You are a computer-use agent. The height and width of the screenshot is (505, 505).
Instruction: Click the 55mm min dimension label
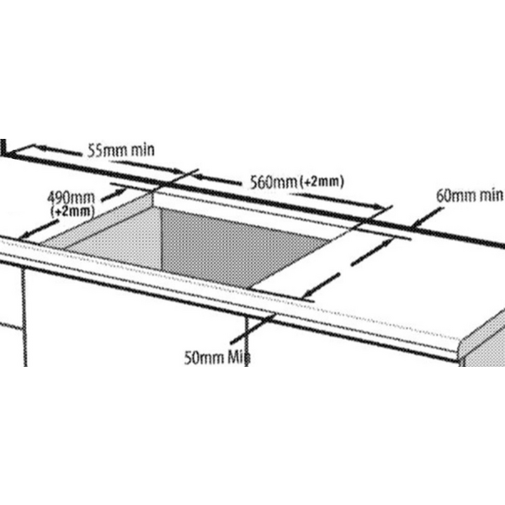click(121, 151)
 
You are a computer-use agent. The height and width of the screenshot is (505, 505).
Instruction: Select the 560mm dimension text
click(274, 183)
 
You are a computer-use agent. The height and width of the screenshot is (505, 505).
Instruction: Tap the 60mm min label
click(470, 195)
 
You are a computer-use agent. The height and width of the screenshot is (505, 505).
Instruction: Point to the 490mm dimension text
click(71, 198)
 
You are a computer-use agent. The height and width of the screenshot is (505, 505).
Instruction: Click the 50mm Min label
click(217, 358)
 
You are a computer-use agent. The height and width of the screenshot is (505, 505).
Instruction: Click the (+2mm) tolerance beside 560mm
click(322, 183)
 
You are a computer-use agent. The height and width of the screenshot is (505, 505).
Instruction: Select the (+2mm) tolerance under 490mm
click(72, 211)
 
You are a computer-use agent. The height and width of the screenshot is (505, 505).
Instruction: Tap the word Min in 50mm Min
click(239, 358)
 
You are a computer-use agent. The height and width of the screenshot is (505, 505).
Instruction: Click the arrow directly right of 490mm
click(113, 195)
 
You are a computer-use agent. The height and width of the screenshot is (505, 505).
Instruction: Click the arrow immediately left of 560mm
click(218, 179)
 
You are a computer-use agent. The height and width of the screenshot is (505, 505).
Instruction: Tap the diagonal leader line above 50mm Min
click(252, 328)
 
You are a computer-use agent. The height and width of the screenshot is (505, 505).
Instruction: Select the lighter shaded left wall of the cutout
click(113, 235)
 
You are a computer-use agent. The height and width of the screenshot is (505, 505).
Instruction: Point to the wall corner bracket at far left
click(4, 149)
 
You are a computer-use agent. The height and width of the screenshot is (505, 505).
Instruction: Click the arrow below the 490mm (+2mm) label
click(39, 229)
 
